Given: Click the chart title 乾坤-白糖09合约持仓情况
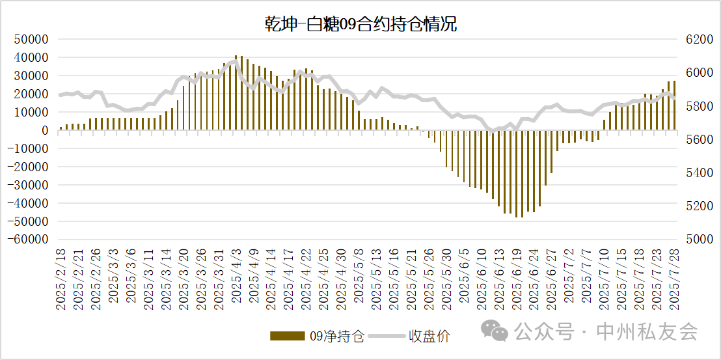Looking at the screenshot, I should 360,25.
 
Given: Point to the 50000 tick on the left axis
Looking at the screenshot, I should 33,39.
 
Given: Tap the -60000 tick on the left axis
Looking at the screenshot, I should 29,240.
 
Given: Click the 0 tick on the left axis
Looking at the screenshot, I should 46,130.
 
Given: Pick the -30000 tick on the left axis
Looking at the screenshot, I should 29,185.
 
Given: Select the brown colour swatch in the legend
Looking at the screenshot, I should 287,336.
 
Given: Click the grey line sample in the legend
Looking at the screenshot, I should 387,336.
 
